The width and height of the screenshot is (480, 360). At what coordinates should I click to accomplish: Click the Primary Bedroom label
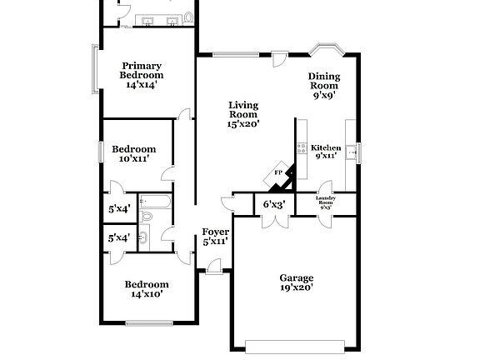coord(142,74)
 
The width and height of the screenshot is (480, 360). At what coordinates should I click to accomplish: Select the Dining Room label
coord(324,86)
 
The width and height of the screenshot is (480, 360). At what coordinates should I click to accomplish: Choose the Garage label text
coord(296,282)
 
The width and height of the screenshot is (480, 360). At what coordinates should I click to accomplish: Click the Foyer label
coord(215,237)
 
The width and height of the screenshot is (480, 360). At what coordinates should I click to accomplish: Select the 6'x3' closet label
coord(274,204)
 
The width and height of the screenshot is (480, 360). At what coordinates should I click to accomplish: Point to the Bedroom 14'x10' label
coord(146,288)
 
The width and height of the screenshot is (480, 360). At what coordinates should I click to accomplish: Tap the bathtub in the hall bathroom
coord(155,201)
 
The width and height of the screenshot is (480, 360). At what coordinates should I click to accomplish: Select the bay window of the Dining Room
coord(323,48)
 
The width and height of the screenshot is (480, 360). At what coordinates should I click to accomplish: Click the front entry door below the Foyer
coord(214,266)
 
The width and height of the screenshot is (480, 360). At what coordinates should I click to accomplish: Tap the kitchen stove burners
coord(300,150)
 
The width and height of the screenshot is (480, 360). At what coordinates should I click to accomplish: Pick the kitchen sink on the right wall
coord(352,152)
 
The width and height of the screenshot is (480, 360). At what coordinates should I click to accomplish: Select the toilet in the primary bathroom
coord(188,17)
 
